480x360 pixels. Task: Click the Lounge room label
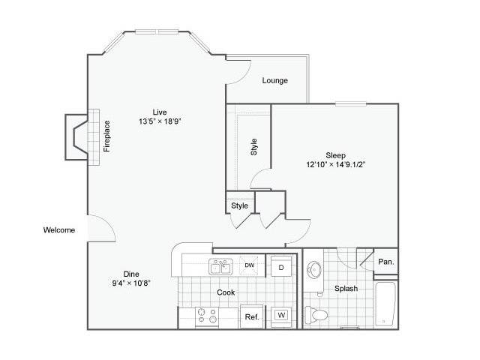[275, 80]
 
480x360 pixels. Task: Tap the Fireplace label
[106, 136]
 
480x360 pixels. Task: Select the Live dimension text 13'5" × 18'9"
[160, 121]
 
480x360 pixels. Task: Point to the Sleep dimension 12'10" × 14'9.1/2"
[336, 164]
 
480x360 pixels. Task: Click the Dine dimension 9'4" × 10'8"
[131, 283]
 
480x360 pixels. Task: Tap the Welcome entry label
[59, 230]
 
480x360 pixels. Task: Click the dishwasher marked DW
[249, 265]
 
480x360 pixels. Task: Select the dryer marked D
[281, 266]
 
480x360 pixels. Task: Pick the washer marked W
[281, 315]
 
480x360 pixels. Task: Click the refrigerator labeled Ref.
[252, 316]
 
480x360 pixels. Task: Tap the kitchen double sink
[220, 267]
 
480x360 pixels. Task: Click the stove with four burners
[207, 316]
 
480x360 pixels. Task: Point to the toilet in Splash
[316, 315]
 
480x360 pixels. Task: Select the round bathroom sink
[314, 270]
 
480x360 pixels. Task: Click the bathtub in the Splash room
[385, 304]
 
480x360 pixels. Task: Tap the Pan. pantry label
[386, 262]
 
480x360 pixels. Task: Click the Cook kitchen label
[226, 292]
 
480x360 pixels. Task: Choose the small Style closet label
[240, 205]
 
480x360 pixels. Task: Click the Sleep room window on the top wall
[351, 103]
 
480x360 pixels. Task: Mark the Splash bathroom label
[346, 288]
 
